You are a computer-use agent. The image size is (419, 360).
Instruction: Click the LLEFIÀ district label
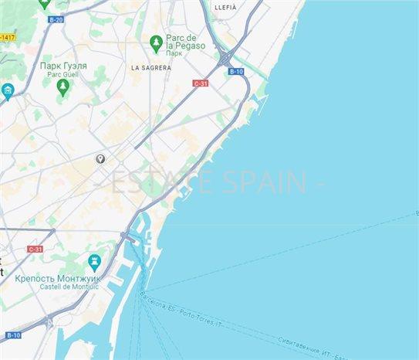(x=225, y=7)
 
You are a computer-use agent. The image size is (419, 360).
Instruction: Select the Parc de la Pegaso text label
(x=186, y=42)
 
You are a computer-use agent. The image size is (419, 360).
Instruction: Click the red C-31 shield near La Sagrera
(x=201, y=83)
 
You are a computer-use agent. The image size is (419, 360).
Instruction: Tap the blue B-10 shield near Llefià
(x=236, y=71)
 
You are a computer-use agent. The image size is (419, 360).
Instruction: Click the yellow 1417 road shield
(x=7, y=37)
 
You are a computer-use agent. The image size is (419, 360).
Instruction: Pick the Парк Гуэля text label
(x=63, y=66)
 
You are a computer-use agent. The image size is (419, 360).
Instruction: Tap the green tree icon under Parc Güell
(x=63, y=86)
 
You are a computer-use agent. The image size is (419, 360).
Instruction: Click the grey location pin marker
(x=100, y=158)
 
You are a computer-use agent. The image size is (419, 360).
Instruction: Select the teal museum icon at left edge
(x=8, y=92)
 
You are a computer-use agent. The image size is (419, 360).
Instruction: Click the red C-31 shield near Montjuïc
(x=35, y=249)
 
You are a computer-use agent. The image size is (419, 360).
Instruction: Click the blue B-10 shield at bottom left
(x=14, y=335)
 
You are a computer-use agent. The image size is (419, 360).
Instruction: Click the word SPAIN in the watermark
(x=265, y=183)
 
